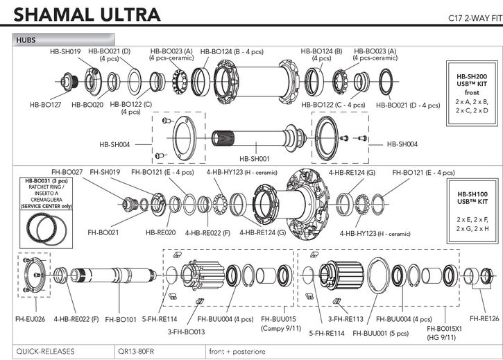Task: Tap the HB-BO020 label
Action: (87, 105)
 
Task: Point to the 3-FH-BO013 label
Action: (185, 332)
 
